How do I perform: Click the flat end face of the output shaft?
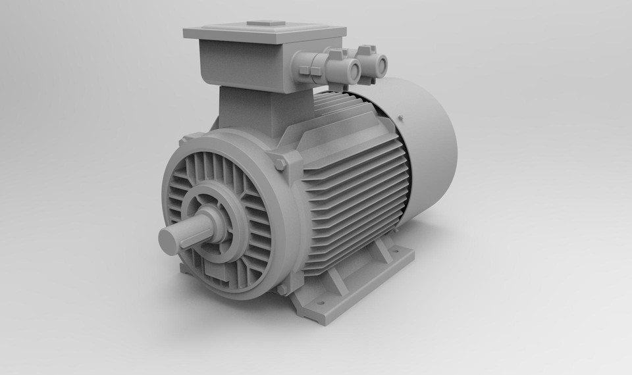169,241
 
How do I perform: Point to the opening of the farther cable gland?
380,65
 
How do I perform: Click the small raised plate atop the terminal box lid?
266,24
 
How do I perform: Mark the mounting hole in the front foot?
321,302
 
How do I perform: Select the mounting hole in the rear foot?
397,251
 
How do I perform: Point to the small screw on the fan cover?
400,118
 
